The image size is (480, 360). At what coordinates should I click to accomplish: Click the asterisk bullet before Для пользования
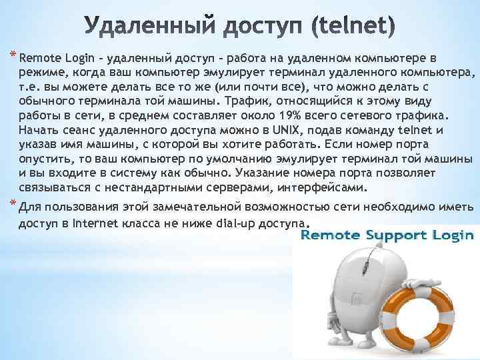tap(14, 203)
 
